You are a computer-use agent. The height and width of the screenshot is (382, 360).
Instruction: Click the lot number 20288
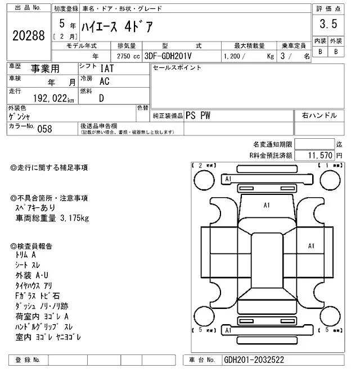tap(28, 35)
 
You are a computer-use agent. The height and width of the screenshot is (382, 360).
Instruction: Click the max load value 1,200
tap(233, 56)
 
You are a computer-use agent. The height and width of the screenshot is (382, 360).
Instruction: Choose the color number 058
tap(44, 128)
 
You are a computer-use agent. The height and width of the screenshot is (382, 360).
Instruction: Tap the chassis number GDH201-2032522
tap(253, 360)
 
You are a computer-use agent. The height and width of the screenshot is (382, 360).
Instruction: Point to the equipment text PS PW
tap(197, 115)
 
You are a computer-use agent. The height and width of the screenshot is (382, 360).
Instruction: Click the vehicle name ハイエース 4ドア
tap(118, 26)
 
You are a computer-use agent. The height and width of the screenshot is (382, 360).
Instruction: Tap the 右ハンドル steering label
tap(319, 115)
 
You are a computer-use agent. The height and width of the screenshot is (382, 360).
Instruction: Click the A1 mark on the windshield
tap(266, 206)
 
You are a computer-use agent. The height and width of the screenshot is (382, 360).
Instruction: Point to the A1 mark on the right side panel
tap(311, 245)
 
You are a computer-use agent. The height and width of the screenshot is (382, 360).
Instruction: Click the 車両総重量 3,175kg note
tap(52, 218)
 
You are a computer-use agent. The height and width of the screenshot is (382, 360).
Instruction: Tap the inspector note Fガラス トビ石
tap(38, 295)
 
